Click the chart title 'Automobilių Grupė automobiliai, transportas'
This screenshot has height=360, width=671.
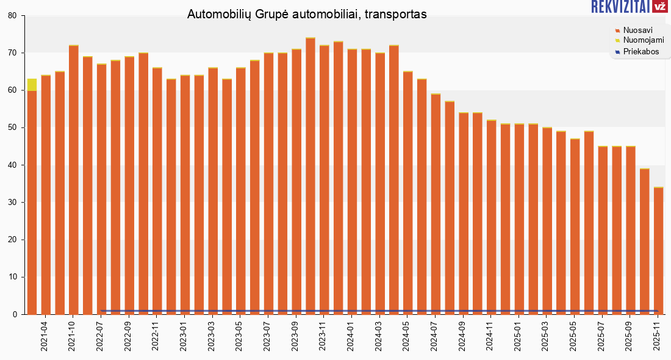tap(307, 14)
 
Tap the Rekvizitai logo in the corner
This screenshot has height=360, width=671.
tap(629, 7)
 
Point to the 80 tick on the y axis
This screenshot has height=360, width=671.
tap(12, 16)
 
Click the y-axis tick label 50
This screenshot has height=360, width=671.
tap(12, 128)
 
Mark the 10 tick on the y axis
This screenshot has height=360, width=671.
tap(12, 277)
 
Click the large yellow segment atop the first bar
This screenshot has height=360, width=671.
tap(32, 84)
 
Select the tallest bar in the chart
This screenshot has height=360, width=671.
tap(310, 177)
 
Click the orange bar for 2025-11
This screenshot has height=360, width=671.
tap(658, 250)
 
